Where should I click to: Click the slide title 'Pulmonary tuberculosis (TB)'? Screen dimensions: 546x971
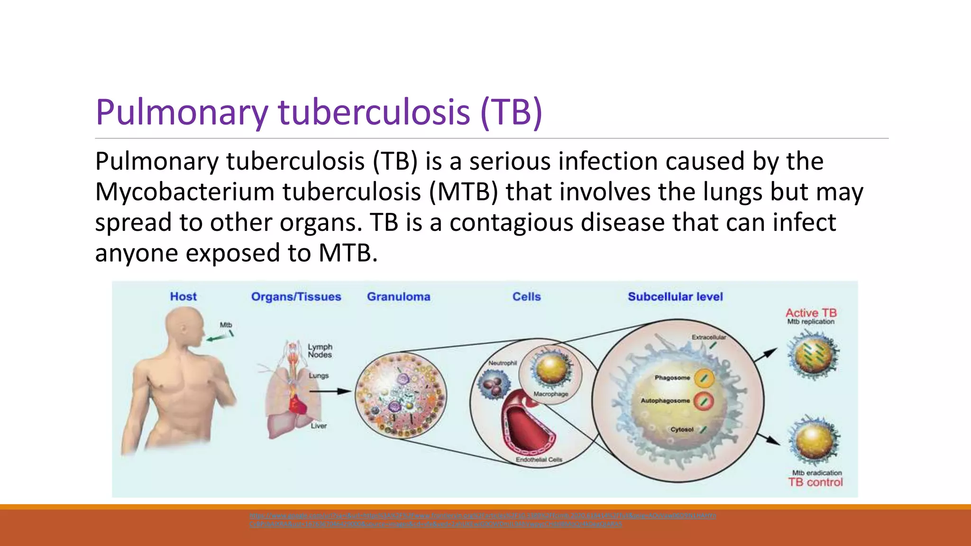click(x=319, y=112)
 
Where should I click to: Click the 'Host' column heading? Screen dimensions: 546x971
click(x=183, y=297)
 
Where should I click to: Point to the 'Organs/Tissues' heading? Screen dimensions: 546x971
click(x=296, y=297)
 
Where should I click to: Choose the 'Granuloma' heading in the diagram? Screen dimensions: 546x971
click(x=398, y=297)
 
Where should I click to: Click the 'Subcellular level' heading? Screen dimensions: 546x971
click(x=675, y=297)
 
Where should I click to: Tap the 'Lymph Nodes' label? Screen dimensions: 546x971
click(x=320, y=351)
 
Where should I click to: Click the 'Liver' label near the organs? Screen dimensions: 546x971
click(x=319, y=426)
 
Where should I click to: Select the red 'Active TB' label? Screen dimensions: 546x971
click(x=811, y=313)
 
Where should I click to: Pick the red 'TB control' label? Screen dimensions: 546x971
click(x=815, y=482)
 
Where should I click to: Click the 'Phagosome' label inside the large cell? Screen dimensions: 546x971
click(x=672, y=378)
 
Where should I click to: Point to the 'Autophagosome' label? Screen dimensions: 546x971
click(x=665, y=400)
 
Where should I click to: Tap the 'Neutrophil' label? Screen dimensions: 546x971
click(x=503, y=363)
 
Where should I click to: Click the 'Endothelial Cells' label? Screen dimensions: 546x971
click(x=539, y=459)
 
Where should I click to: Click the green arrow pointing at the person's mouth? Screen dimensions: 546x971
click(x=216, y=338)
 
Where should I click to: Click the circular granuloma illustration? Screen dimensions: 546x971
click(x=401, y=394)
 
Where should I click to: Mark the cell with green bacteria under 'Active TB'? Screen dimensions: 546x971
click(x=813, y=355)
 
